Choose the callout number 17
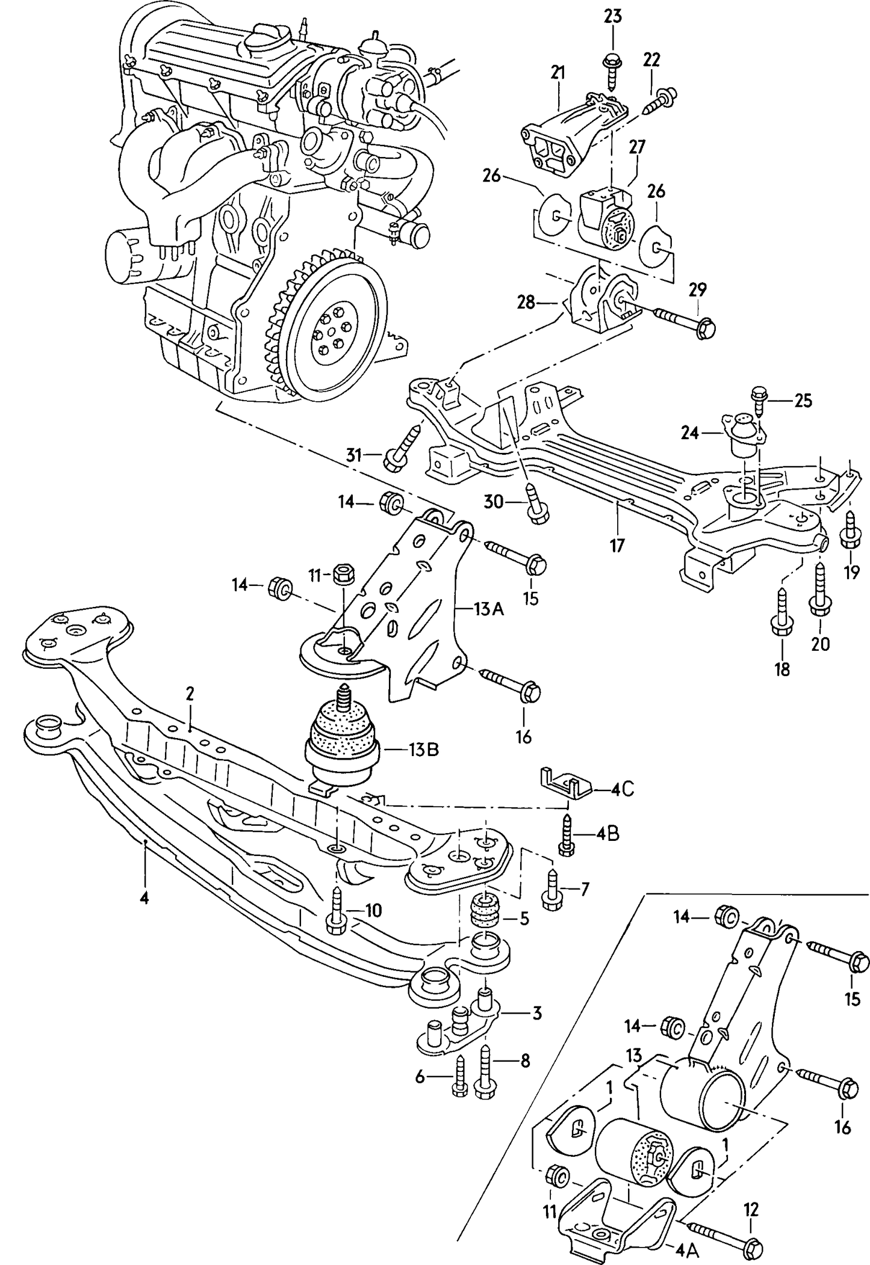[618, 546]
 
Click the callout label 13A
[488, 609]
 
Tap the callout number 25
[803, 400]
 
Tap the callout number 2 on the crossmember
[190, 694]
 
